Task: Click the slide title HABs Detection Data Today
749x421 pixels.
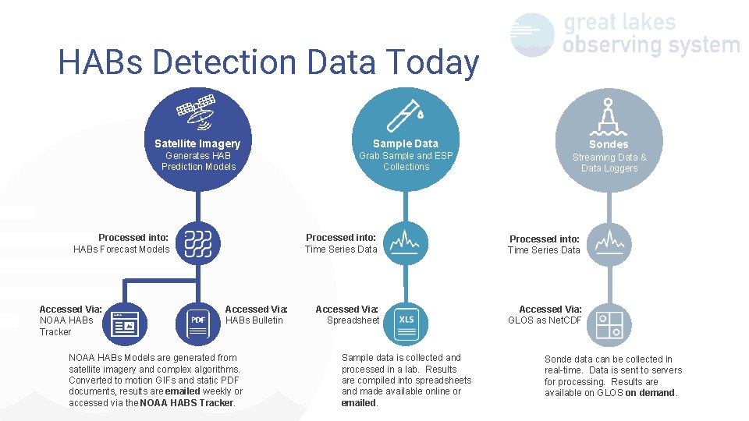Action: point(268,63)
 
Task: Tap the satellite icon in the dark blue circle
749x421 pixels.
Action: point(197,112)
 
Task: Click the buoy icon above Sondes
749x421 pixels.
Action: point(609,115)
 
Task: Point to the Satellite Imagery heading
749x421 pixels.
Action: point(197,143)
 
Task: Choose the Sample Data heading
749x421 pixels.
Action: point(406,143)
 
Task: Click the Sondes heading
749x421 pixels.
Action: point(609,144)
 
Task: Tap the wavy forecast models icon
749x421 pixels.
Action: point(198,243)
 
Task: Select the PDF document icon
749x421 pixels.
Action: point(198,320)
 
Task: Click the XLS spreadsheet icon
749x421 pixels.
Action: point(406,320)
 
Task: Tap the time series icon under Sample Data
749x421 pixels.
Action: point(406,242)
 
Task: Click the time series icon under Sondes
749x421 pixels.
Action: point(609,243)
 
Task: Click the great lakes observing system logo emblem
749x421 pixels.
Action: point(532,34)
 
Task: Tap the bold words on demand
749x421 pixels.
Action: point(651,393)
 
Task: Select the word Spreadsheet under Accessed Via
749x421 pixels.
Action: point(353,320)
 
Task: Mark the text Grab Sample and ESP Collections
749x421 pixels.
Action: point(406,161)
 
